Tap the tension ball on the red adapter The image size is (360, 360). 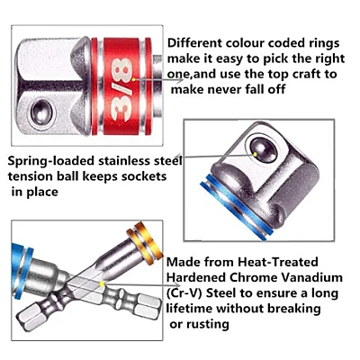click(x=42, y=112)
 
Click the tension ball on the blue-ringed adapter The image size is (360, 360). click(x=264, y=150)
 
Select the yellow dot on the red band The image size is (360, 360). click(x=133, y=79)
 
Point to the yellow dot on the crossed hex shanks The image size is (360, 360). click(x=103, y=283)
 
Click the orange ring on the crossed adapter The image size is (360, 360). click(x=145, y=242)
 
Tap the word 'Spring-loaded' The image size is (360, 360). click(x=50, y=161)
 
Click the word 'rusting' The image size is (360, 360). click(x=208, y=324)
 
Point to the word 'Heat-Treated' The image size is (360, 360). click(x=278, y=262)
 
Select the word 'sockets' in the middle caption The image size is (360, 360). click(x=144, y=176)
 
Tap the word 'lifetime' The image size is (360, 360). click(x=190, y=308)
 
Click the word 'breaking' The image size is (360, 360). click(x=294, y=309)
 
